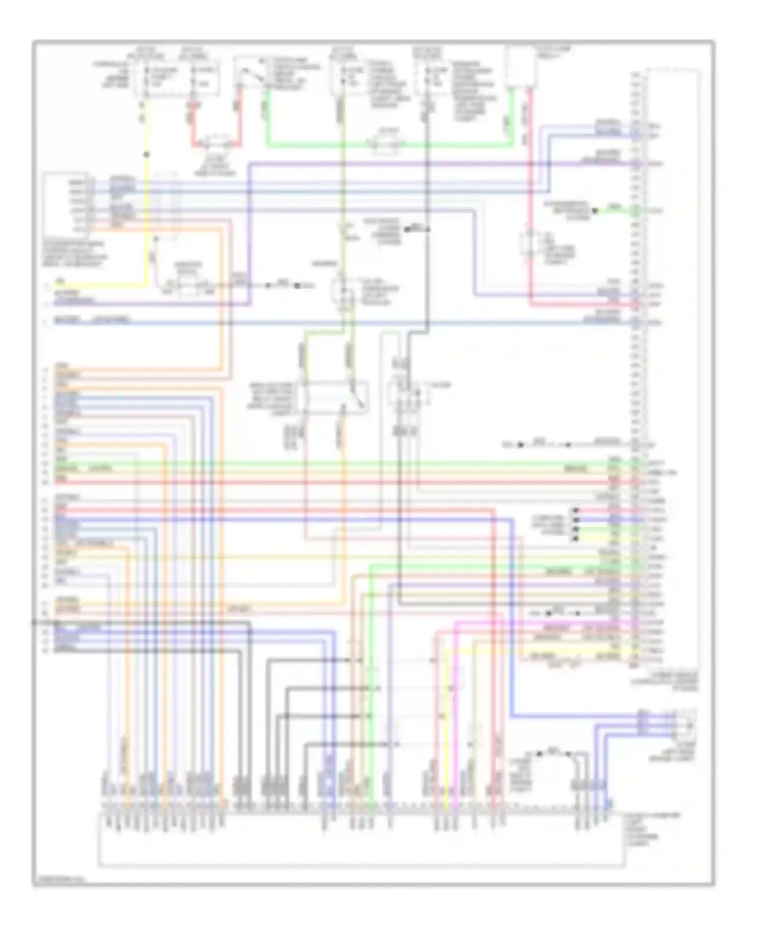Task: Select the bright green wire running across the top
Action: (325, 146)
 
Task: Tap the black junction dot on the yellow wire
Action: (146, 154)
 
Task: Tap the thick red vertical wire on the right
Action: (530, 203)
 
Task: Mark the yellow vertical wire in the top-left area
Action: (146, 203)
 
